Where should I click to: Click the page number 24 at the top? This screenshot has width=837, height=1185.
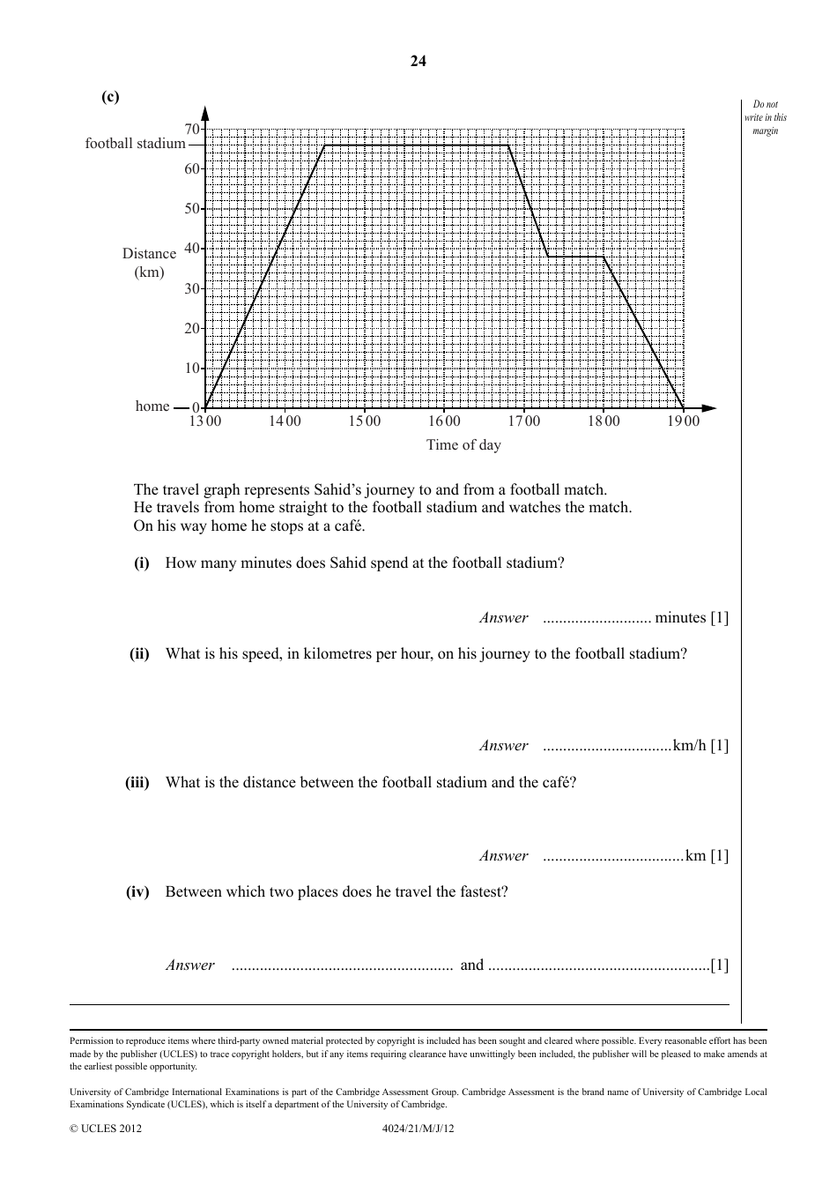pyautogui.click(x=418, y=61)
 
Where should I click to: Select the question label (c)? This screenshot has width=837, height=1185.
pyautogui.click(x=110, y=97)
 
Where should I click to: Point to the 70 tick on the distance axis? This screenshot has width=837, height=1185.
pyautogui.click(x=192, y=130)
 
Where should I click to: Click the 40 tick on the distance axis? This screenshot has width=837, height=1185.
pyautogui.click(x=192, y=249)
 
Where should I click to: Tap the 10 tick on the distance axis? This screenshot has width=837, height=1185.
pyautogui.click(x=192, y=369)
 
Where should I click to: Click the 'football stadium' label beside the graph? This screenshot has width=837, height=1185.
pyautogui.click(x=135, y=144)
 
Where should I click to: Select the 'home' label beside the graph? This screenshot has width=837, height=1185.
pyautogui.click(x=152, y=406)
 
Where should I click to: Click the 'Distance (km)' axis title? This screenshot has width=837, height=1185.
pyautogui.click(x=149, y=263)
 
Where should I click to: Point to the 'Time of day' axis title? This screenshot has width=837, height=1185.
pyautogui.click(x=463, y=445)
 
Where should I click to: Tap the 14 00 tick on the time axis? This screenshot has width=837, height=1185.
pyautogui.click(x=285, y=421)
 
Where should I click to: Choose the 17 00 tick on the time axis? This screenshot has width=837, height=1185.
pyautogui.click(x=524, y=421)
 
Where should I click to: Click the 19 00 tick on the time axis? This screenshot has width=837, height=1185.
pyautogui.click(x=683, y=421)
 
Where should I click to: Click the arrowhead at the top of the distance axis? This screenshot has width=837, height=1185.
pyautogui.click(x=205, y=113)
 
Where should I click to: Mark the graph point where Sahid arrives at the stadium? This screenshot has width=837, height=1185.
pyautogui.click(x=324, y=145)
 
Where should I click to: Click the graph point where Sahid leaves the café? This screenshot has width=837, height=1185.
pyautogui.click(x=604, y=257)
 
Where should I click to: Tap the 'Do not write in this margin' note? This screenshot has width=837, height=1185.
pyautogui.click(x=766, y=117)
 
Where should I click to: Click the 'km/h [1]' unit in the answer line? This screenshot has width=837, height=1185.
pyautogui.click(x=700, y=746)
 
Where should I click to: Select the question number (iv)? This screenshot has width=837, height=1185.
pyautogui.click(x=137, y=891)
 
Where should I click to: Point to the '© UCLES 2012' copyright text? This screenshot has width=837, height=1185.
pyautogui.click(x=106, y=1128)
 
